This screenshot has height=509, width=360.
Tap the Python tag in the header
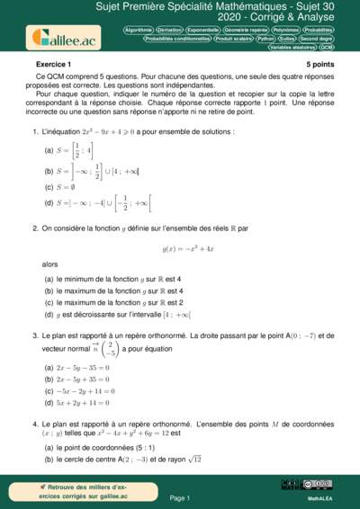[x=265, y=39]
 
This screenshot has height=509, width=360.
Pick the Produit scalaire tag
[x=233, y=39]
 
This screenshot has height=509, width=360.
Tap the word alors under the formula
[x=51, y=264]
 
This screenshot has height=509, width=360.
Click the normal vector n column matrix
[x=110, y=347]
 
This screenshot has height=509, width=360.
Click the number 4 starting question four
[x=34, y=424]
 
